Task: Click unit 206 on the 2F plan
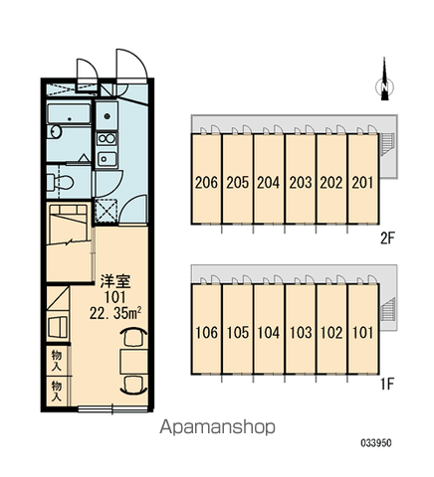click(x=206, y=179)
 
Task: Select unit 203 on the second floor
click(x=301, y=179)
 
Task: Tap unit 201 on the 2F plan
click(x=363, y=179)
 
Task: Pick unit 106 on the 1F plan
click(x=206, y=329)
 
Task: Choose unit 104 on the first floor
click(x=269, y=329)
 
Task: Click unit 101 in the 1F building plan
click(x=363, y=329)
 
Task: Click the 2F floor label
click(x=387, y=238)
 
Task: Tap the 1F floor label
click(x=387, y=384)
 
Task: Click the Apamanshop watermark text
click(x=217, y=427)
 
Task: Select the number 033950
click(x=376, y=443)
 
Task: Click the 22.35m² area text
click(x=115, y=313)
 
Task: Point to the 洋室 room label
click(x=115, y=282)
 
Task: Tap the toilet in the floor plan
click(x=61, y=183)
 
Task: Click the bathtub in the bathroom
click(x=69, y=113)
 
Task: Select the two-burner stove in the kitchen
click(x=107, y=139)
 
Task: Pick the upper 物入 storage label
click(x=57, y=361)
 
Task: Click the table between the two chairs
click(x=134, y=361)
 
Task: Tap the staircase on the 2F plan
click(x=387, y=144)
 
